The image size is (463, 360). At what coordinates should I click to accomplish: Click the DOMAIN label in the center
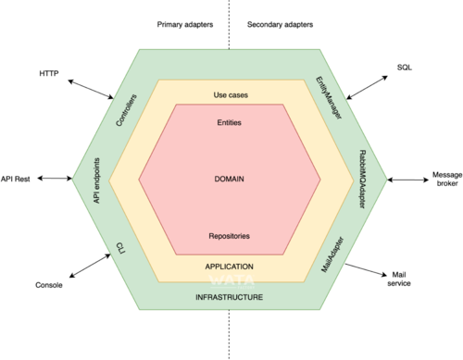coord(230,179)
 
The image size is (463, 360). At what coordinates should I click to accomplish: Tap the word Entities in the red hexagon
coord(231,123)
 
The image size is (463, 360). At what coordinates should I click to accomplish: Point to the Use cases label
coord(231,94)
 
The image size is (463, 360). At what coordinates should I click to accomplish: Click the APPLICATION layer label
coord(229,267)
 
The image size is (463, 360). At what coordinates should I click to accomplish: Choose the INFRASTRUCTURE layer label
coord(229,298)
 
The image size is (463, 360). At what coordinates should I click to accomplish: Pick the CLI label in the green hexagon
coord(120,247)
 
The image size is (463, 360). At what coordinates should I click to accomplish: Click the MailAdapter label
coord(332,248)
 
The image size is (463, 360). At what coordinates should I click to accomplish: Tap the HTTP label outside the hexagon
coord(48,72)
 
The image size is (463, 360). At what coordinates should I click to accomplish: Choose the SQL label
coord(405,68)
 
